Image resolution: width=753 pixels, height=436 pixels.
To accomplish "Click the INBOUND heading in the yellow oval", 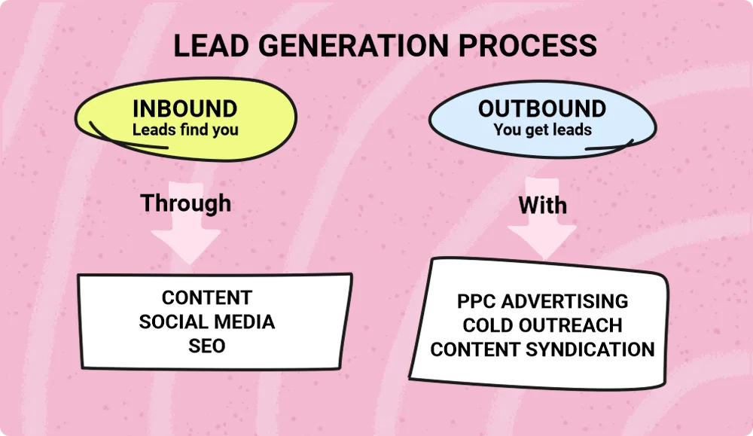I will (x=184, y=108).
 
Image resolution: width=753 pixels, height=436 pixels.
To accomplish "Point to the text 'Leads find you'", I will (x=185, y=130).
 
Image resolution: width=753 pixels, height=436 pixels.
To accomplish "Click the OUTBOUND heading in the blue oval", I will (x=542, y=108).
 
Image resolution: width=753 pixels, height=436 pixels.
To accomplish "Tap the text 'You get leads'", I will (x=542, y=130).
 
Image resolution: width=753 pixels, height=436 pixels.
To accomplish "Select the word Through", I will (x=186, y=203).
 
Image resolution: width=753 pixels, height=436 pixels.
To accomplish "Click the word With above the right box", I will (x=542, y=205).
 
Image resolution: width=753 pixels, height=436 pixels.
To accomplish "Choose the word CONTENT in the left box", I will (x=207, y=297).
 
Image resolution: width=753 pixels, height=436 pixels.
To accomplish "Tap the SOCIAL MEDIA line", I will (x=207, y=322).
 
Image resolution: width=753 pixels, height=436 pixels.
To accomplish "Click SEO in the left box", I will (x=207, y=346).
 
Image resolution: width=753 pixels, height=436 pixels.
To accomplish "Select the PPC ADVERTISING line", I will (x=542, y=301).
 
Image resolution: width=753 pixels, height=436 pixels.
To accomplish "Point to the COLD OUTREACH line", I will (x=542, y=325).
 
